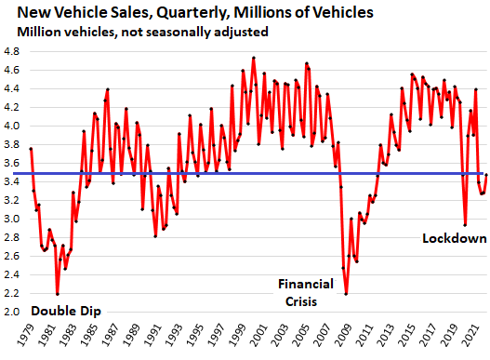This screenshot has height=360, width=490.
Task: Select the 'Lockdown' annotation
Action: [455, 238]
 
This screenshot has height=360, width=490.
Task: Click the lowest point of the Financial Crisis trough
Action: [346, 294]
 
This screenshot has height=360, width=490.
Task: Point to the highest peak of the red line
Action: [254, 58]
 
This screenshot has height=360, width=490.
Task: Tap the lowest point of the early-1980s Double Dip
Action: [58, 294]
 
